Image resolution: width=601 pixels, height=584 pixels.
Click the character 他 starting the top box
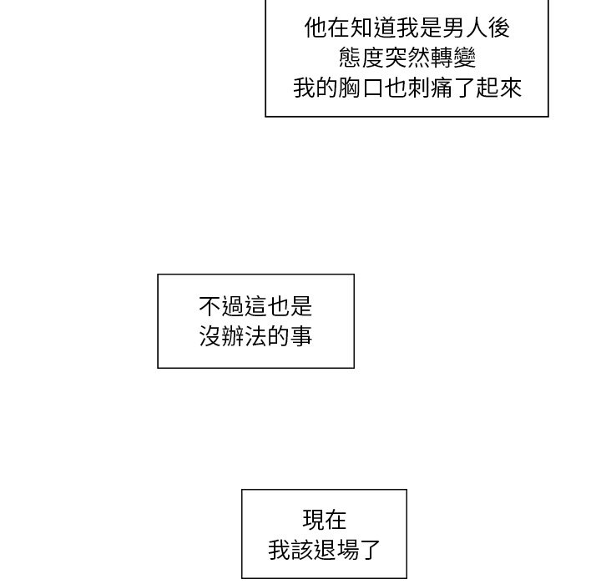point(316,28)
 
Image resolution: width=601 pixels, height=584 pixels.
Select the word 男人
point(465,28)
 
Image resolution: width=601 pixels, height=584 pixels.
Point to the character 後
point(498,28)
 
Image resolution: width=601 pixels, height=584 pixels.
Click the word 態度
point(361,58)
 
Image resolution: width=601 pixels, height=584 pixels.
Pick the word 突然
point(407,58)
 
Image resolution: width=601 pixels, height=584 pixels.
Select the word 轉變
point(453,58)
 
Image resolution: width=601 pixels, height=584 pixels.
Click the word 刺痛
point(430,88)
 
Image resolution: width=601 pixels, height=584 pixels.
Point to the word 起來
point(498,88)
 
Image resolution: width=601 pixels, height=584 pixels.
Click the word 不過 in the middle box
point(221,306)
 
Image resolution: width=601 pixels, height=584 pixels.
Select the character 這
point(255,306)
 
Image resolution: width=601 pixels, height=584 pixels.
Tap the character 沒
point(210,336)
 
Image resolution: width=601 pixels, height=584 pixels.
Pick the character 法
point(255,336)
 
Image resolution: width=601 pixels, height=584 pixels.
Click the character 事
point(301,336)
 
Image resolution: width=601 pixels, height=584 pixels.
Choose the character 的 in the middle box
point(279,336)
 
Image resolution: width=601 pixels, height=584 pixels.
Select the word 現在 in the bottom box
point(324,520)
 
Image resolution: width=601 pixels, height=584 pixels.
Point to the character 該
point(301,550)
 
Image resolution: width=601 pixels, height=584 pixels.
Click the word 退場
point(336,550)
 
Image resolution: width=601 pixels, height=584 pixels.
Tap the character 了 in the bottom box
point(370,550)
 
